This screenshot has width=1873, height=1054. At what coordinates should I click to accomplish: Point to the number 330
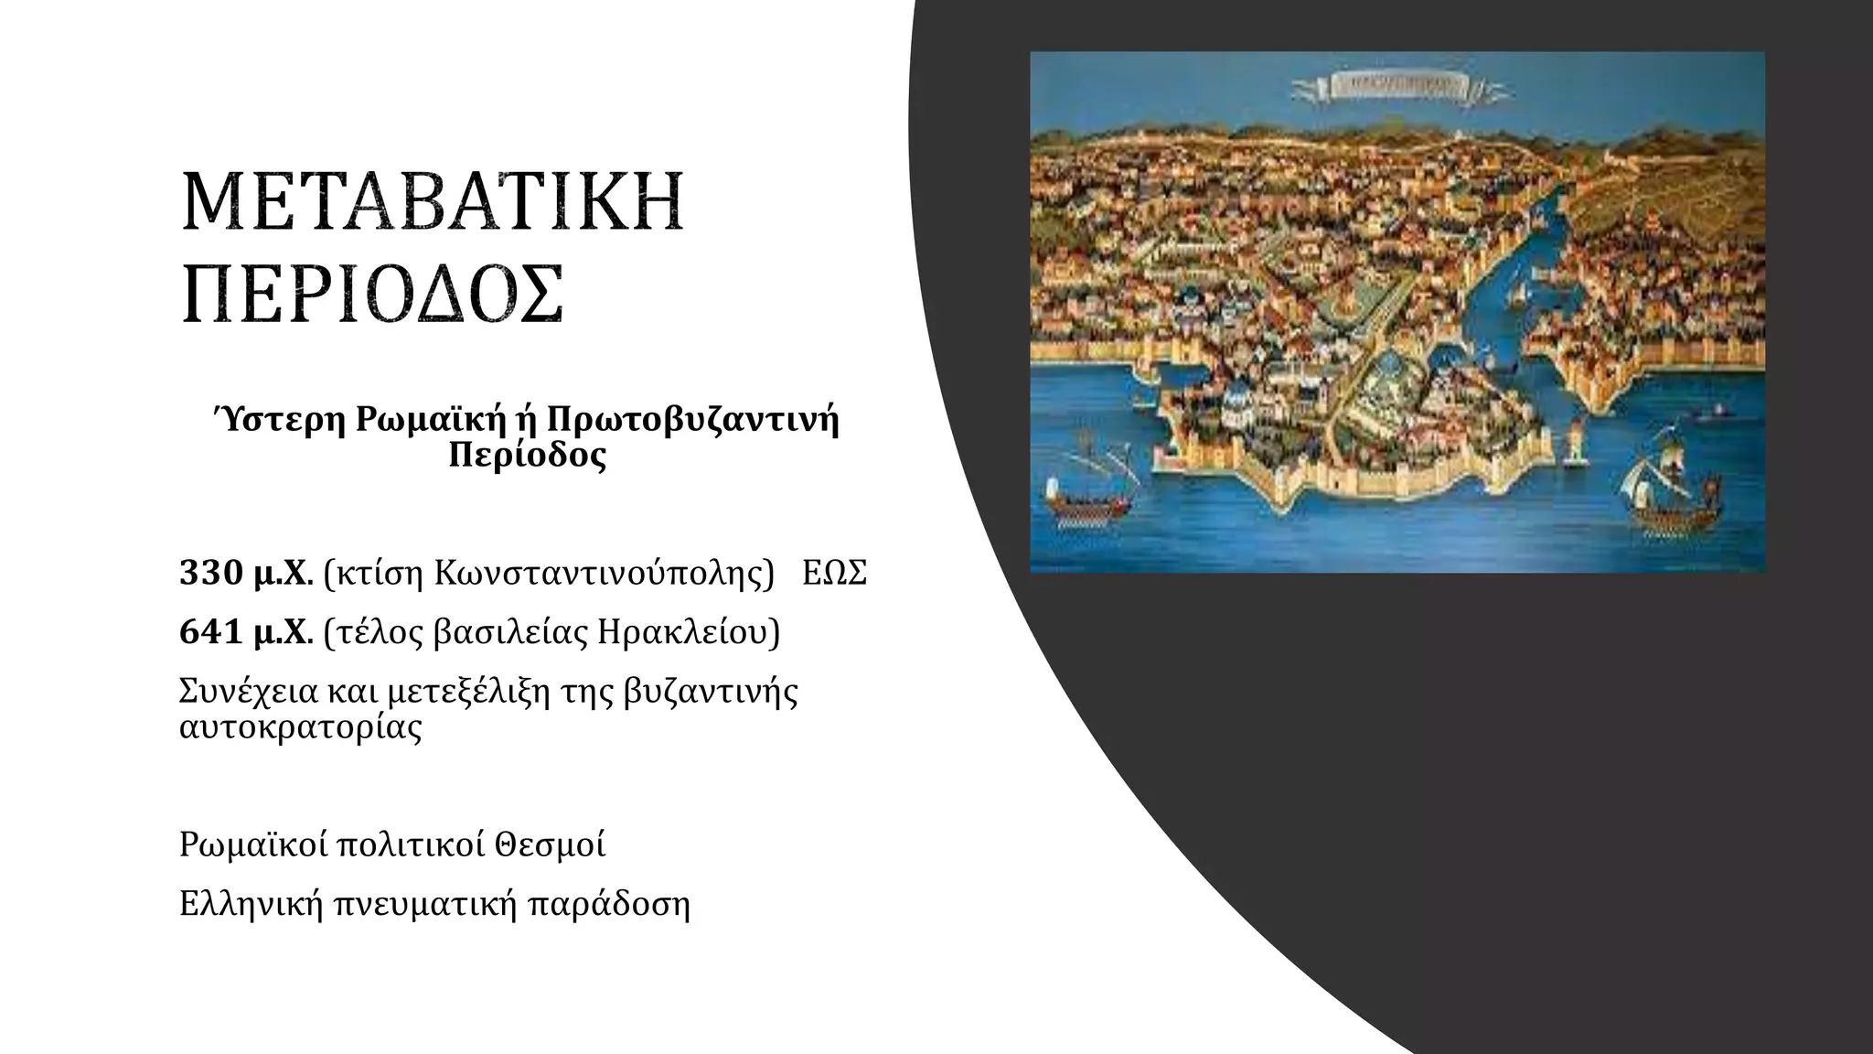pos(209,574)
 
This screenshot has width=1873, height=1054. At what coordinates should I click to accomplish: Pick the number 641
pos(209,632)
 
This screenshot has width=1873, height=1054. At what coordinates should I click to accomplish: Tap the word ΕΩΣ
pos(834,574)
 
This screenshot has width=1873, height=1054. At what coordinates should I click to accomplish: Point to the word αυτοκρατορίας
pos(301,728)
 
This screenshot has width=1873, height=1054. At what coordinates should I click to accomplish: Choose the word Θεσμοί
pos(550,844)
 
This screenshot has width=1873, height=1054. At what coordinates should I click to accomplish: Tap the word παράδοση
pos(609,904)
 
